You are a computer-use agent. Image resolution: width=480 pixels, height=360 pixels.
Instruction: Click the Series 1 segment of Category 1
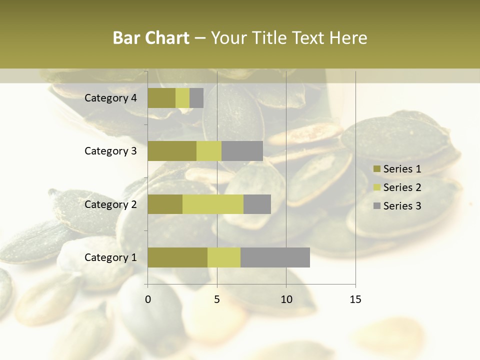tap(177, 257)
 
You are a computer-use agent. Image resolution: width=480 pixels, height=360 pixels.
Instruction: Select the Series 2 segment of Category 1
tap(224, 257)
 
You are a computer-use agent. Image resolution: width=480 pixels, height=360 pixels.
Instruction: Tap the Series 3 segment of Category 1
tap(275, 257)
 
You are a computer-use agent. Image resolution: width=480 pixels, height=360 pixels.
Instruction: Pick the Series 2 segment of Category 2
tap(213, 204)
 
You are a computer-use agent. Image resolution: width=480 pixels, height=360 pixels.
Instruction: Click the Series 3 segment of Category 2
tap(257, 204)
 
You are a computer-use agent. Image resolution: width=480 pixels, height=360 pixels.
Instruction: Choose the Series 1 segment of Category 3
tap(172, 151)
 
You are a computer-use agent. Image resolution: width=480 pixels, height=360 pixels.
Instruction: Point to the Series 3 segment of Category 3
tap(242, 151)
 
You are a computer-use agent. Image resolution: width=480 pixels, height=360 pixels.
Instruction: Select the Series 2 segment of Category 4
tap(182, 98)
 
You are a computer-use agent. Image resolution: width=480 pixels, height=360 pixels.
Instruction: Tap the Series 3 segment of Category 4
tap(196, 98)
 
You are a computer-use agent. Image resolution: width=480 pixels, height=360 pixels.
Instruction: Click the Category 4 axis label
tap(110, 98)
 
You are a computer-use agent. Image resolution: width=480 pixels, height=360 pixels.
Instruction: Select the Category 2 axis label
tap(110, 204)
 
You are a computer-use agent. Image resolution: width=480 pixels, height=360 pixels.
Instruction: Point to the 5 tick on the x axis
tap(217, 299)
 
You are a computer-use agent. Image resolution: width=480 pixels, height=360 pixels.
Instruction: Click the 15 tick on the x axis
tap(355, 299)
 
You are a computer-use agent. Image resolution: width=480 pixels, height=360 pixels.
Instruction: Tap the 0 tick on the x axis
tap(148, 299)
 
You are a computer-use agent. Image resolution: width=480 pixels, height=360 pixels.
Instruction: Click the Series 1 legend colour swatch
tap(376, 169)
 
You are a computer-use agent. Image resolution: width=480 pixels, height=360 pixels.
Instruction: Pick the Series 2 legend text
tap(402, 187)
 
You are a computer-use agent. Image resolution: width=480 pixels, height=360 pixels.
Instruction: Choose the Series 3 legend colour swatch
tap(376, 206)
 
